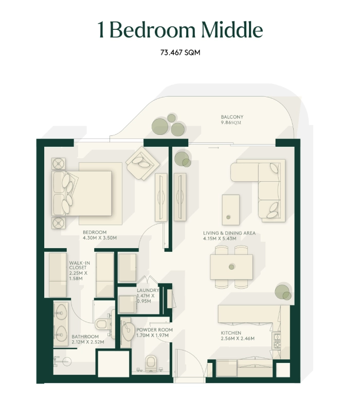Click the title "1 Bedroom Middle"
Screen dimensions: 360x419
point(180,30)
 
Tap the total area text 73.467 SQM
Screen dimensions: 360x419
point(181,53)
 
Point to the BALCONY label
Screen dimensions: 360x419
point(232,117)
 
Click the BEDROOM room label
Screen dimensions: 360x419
point(95,232)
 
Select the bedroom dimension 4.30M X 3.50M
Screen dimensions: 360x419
point(100,238)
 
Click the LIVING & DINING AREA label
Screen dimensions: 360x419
point(229,233)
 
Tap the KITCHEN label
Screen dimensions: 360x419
point(231,333)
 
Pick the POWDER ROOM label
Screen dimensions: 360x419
point(154,330)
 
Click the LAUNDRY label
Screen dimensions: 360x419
point(148,290)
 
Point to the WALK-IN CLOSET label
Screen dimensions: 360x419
point(80,265)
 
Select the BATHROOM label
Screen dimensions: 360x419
point(85,337)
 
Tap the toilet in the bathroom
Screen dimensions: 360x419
point(103,324)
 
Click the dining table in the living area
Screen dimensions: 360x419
point(231,267)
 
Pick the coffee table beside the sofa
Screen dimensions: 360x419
point(230,210)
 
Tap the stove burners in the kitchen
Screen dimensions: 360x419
point(276,341)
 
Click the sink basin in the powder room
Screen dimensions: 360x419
point(128,331)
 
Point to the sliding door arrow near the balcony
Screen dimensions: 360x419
point(214,148)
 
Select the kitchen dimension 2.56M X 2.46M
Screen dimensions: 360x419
point(238,338)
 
